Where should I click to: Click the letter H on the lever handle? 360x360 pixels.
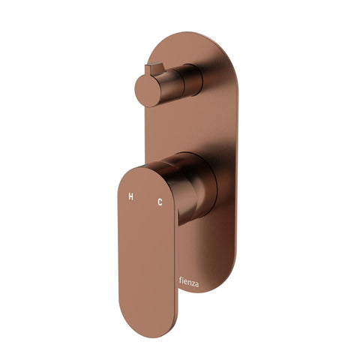130,197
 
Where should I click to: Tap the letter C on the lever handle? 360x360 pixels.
159,202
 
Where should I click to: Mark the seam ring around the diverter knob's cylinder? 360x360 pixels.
177,81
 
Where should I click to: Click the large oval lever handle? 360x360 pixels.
147,247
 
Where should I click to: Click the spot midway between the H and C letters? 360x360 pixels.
145,199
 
